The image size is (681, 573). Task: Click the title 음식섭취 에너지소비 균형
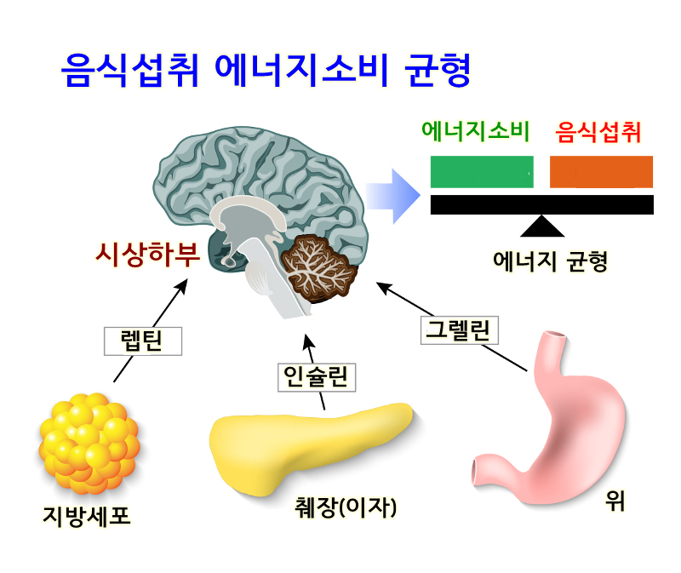[x=266, y=72]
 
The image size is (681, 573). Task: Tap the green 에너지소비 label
[x=475, y=132]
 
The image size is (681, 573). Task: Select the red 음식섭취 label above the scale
[x=598, y=132]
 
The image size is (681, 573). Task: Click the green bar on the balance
[x=482, y=172]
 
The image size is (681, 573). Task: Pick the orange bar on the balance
[x=601, y=172]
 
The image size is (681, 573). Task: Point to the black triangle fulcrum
[x=542, y=226]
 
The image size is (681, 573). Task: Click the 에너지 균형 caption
[x=551, y=261]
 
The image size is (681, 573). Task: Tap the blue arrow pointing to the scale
[x=393, y=196]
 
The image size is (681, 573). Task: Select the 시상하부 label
[x=146, y=254]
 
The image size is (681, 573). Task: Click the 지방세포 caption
[x=87, y=515]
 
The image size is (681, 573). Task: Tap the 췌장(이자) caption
[x=344, y=508]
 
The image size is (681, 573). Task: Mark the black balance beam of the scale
[x=541, y=204]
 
